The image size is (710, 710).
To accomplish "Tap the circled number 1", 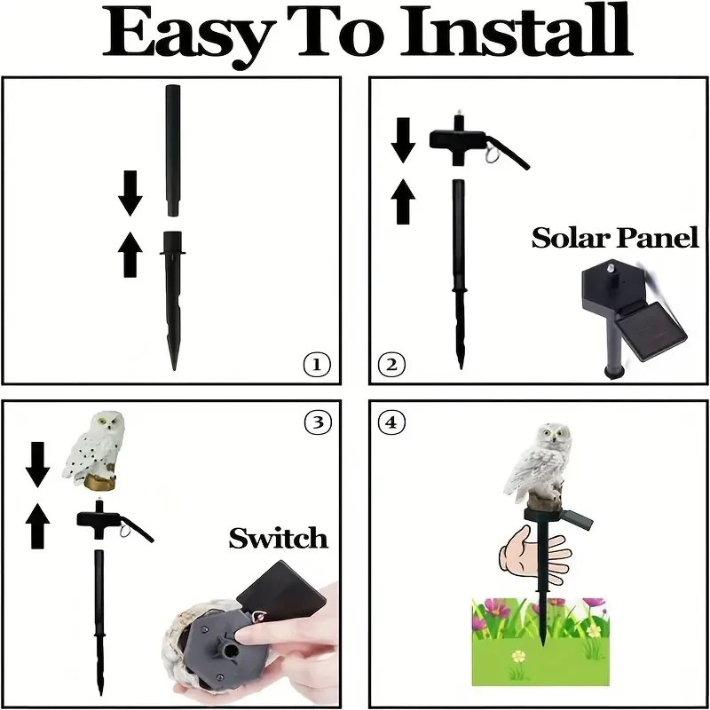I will pyautogui.click(x=316, y=364).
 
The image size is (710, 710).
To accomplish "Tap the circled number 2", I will pyautogui.click(x=392, y=364).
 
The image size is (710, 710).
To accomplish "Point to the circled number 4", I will pyautogui.click(x=391, y=422).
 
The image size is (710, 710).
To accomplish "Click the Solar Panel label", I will pyautogui.click(x=614, y=238).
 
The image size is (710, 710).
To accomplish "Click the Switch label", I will pyautogui.click(x=278, y=538).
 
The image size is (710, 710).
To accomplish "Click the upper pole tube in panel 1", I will pyautogui.click(x=172, y=151).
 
